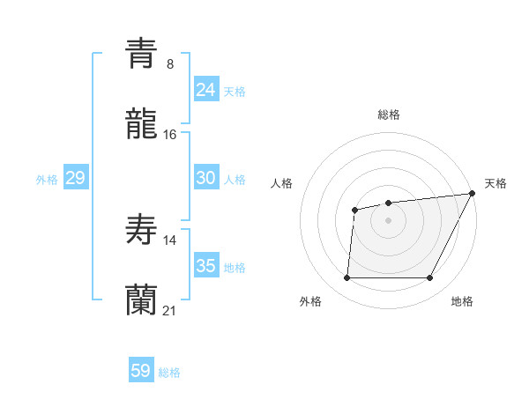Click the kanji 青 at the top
tap(141, 53)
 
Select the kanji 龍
tap(141, 124)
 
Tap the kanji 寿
tap(141, 230)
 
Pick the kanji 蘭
tap(141, 300)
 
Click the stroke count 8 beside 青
tap(170, 63)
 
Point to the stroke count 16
tap(170, 134)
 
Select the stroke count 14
tap(170, 240)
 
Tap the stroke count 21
tap(170, 310)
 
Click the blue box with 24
tap(205, 90)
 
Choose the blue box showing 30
tap(205, 178)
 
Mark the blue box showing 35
tap(205, 266)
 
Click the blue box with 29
tap(75, 178)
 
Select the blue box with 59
tap(140, 371)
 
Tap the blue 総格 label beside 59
tap(169, 373)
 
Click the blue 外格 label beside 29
tap(47, 180)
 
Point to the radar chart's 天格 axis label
tap(495, 183)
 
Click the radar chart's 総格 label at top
tap(388, 115)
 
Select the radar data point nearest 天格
tap(473, 194)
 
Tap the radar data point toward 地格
tap(429, 278)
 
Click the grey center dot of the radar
tap(388, 219)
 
